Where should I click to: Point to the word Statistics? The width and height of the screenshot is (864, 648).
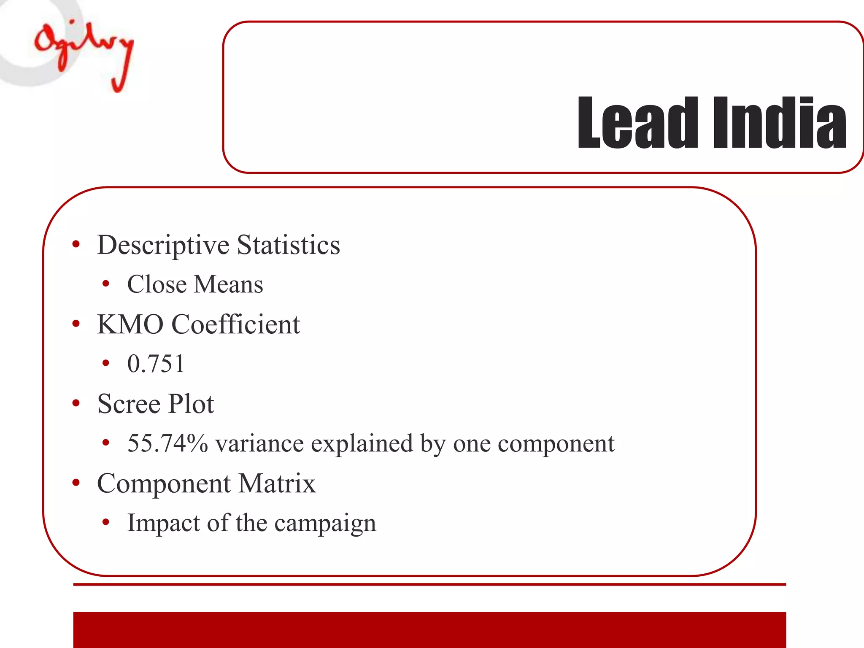[x=289, y=245]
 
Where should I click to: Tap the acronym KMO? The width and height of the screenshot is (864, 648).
[x=130, y=324]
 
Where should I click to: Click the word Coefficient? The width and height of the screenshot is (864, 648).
[x=236, y=324]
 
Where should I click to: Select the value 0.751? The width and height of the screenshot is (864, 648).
[x=156, y=364]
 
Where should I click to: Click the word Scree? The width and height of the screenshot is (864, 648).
[x=129, y=404]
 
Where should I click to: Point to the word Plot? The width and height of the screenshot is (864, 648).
[x=191, y=404]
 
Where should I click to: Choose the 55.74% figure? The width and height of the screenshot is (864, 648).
[x=167, y=443]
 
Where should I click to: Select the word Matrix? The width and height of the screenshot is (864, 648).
[x=277, y=483]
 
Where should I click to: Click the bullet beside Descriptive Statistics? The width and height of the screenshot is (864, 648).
[x=76, y=244]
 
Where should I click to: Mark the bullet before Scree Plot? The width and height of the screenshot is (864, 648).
[x=76, y=403]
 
